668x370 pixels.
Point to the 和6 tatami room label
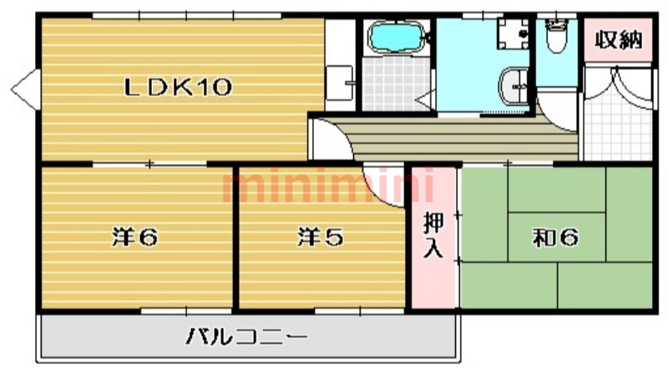[556, 238]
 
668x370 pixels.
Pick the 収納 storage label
[617, 39]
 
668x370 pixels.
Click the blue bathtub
[397, 38]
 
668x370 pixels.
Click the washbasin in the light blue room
[513, 84]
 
